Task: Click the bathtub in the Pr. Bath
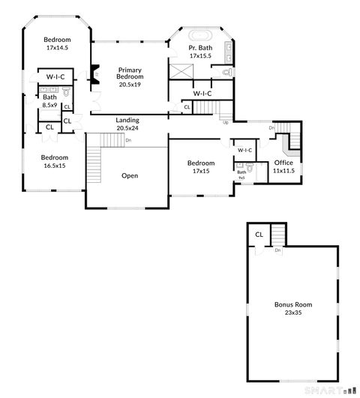[200, 36]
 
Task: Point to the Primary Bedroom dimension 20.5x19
[129, 85]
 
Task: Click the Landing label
[127, 121]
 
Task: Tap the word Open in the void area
[129, 175]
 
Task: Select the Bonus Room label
[293, 305]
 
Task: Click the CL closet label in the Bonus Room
[259, 235]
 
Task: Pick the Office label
[283, 163]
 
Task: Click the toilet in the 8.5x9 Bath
[65, 93]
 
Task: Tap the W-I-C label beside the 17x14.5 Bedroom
[55, 76]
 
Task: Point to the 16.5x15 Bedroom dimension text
[55, 166]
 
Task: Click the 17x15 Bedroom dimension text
[201, 171]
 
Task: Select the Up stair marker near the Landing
[224, 121]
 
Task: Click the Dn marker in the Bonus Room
[277, 250]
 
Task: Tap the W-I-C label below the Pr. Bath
[202, 93]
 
